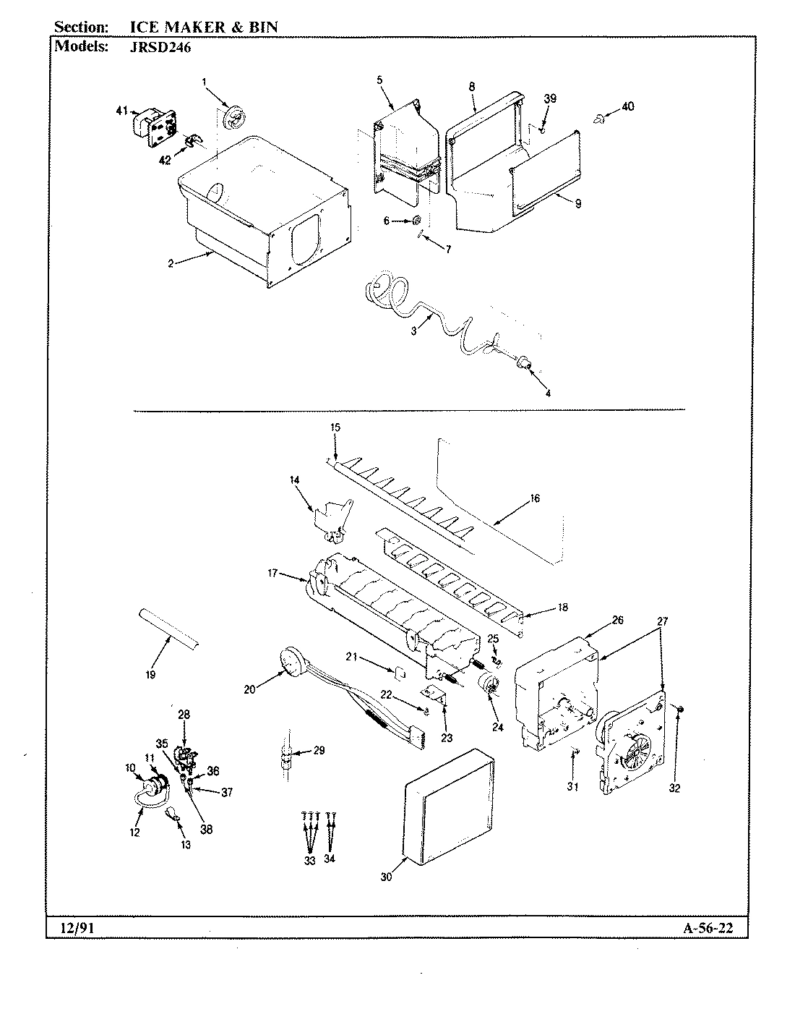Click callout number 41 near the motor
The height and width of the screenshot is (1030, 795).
pyautogui.click(x=121, y=111)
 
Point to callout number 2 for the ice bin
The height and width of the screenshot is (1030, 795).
pyautogui.click(x=170, y=263)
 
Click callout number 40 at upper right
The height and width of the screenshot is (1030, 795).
pyautogui.click(x=627, y=106)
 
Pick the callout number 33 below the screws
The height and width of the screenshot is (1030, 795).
pyautogui.click(x=309, y=860)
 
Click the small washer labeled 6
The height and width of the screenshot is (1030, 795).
pyautogui.click(x=418, y=221)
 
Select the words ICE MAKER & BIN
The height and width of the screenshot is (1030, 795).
pyautogui.click(x=202, y=27)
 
